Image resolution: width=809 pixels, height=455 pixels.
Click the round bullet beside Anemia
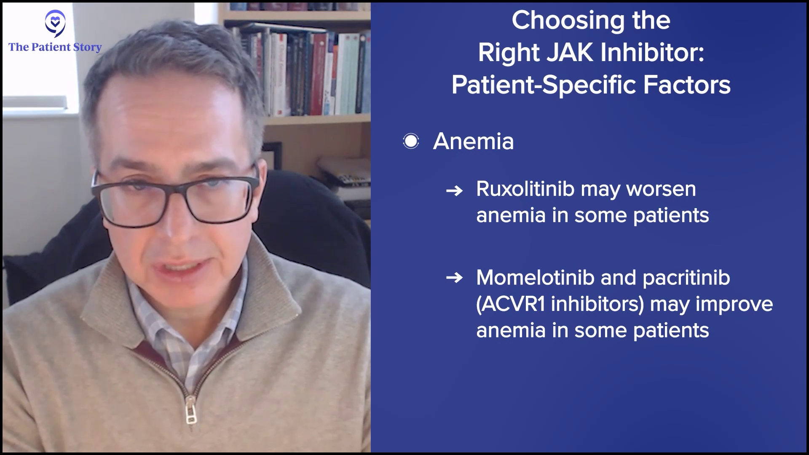(411, 141)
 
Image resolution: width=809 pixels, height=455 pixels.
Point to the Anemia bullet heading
(474, 141)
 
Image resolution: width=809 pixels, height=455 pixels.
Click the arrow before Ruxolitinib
(454, 191)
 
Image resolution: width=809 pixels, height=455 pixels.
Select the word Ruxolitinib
(525, 189)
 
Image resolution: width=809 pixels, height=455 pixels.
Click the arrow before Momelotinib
(454, 278)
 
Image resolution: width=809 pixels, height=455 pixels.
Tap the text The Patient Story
(55, 47)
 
